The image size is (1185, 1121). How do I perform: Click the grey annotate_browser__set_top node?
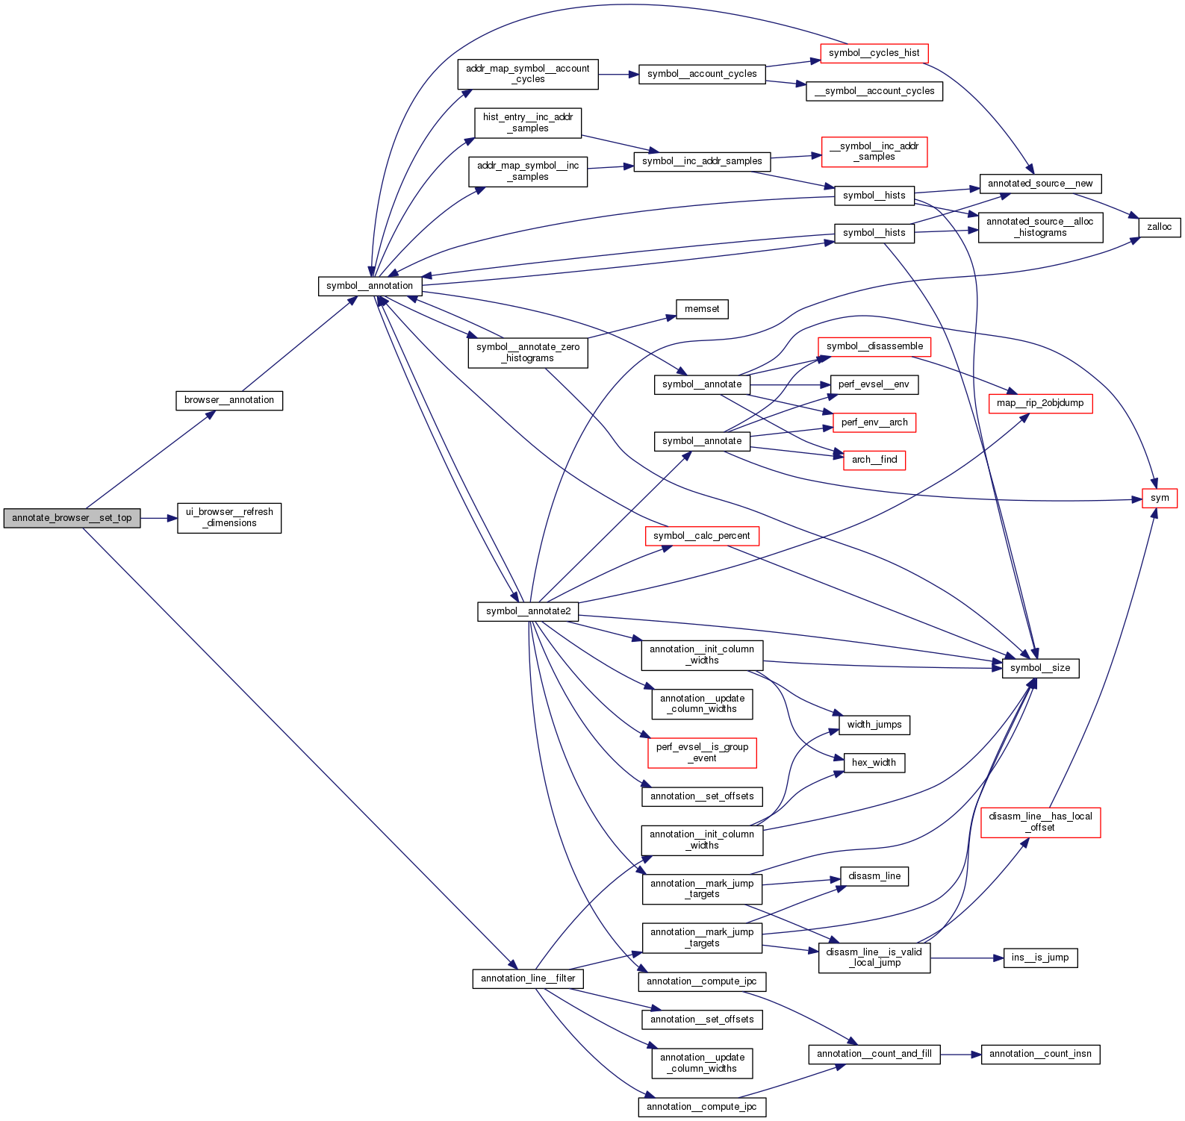coord(72,518)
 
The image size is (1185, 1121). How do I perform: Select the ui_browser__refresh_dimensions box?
coord(229,517)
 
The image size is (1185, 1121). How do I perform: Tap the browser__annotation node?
coord(228,400)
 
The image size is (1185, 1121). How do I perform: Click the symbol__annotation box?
coord(370,286)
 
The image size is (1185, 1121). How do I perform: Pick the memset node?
coord(702,309)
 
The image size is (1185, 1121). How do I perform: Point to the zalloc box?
coord(1159,227)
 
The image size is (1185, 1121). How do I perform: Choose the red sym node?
coord(1160,498)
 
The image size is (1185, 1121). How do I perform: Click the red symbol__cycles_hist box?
coord(874,53)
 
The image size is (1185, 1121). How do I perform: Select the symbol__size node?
coord(1040,668)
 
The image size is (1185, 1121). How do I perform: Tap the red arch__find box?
coord(874,460)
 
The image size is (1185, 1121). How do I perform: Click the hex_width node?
coord(874,763)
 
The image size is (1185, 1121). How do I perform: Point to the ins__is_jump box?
coord(1040,958)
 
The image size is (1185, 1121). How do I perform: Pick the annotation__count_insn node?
coord(1040,1054)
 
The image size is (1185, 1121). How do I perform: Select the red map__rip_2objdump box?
coord(1040,403)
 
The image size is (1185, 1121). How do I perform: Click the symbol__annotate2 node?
coord(528,611)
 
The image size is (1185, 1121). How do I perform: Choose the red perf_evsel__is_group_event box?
coord(702,752)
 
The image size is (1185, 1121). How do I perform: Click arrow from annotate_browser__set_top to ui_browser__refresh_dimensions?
coord(158,518)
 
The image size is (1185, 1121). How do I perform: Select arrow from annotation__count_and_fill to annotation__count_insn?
coord(960,1055)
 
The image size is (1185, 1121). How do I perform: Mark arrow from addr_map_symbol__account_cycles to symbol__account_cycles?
coord(618,75)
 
